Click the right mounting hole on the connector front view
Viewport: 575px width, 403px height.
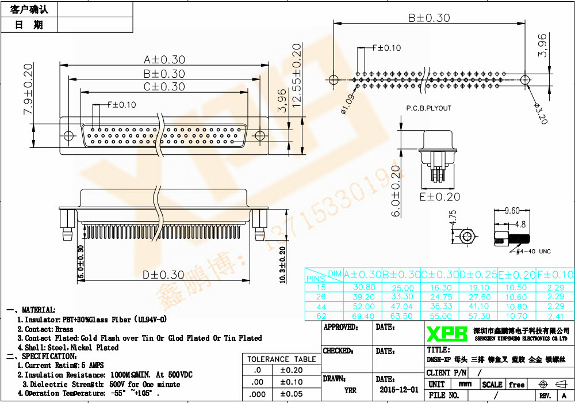pos(260,136)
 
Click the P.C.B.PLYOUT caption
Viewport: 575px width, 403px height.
pos(428,108)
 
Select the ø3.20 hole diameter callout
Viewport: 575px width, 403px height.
pos(540,113)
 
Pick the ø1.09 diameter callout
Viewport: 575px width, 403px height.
pos(347,104)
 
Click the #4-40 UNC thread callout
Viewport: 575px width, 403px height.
pos(534,252)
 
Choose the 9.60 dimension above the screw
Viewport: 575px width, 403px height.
pos(512,211)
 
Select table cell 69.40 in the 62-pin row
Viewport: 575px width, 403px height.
pos(363,316)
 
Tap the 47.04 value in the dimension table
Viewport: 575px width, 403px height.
pos(402,307)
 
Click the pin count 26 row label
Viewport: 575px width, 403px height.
pos(321,297)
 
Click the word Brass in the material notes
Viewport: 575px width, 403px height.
pos(64,329)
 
